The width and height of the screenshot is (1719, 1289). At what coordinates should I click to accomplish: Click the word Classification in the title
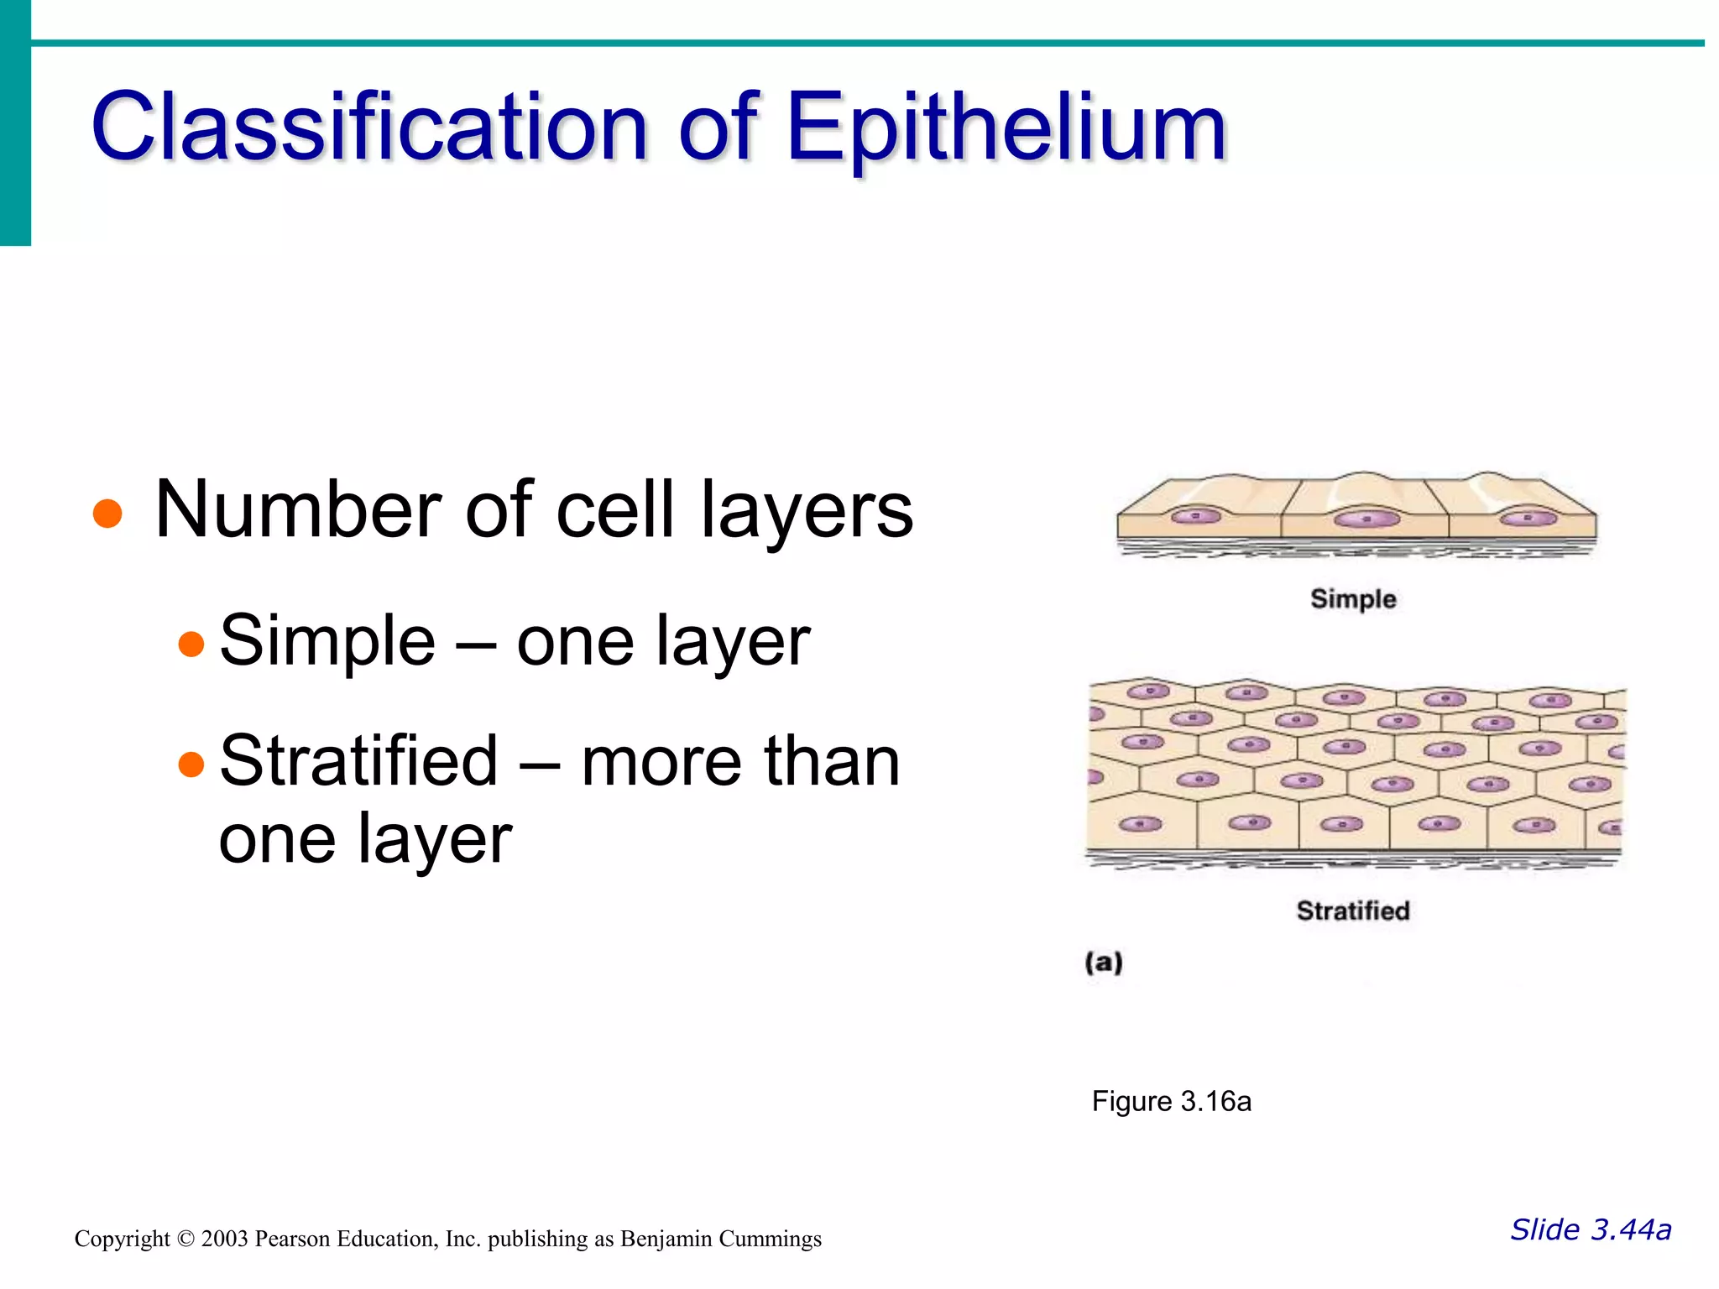(369, 128)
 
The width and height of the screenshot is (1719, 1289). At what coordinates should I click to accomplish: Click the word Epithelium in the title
(1006, 128)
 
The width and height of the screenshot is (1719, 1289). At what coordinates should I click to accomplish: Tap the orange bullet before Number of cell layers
(107, 514)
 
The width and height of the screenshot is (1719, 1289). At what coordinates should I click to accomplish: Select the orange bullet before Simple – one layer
(191, 644)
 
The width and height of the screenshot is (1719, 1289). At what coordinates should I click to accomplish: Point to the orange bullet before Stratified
(191, 765)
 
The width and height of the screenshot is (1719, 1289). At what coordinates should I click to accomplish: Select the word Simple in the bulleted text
(327, 641)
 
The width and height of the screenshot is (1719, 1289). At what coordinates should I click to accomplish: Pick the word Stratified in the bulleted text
(359, 760)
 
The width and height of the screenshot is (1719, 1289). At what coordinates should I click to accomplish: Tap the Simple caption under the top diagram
(1353, 599)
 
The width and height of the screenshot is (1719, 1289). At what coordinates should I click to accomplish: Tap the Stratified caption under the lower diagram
(1353, 911)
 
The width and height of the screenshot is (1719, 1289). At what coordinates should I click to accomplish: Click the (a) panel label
(1104, 962)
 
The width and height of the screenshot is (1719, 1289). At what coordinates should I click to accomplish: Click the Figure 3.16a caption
(1171, 1101)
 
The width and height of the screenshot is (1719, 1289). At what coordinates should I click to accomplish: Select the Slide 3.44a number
(1591, 1229)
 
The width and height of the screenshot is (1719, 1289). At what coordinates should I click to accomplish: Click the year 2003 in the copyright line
(224, 1239)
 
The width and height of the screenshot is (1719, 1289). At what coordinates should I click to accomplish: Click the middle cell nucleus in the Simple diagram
(1366, 519)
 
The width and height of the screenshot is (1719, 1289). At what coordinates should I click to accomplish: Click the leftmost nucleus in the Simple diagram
(1196, 516)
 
